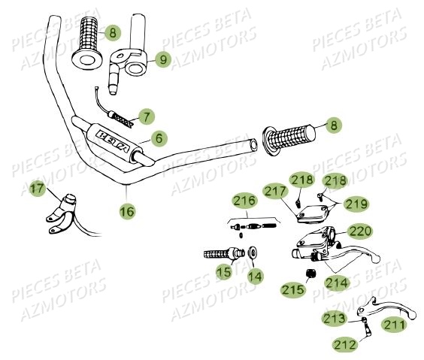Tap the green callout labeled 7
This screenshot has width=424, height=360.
(146, 116)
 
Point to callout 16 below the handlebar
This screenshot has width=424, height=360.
(127, 212)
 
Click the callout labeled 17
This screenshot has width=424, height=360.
(38, 191)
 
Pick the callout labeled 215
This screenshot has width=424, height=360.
(293, 289)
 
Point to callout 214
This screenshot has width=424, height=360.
(336, 283)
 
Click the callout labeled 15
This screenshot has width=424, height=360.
(224, 272)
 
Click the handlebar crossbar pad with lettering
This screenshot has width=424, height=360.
(113, 139)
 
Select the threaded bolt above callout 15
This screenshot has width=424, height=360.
(220, 254)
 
